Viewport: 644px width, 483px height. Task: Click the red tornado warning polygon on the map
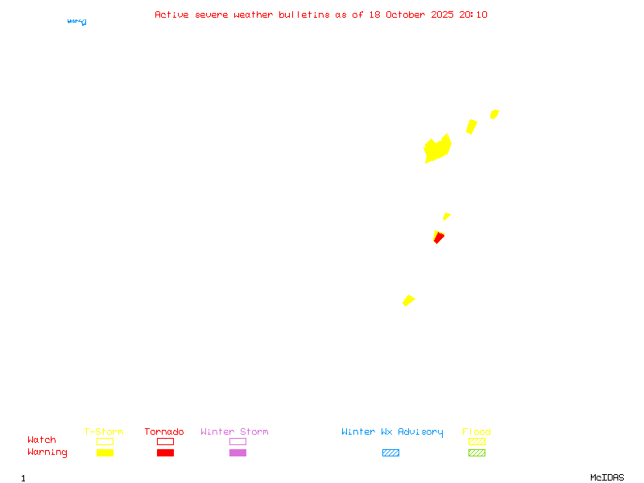tap(437, 238)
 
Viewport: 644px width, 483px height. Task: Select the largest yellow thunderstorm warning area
tap(436, 150)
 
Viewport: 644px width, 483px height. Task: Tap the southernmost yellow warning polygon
tap(408, 300)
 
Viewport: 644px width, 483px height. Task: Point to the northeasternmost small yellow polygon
tap(494, 114)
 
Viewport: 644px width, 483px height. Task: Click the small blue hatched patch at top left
tap(77, 21)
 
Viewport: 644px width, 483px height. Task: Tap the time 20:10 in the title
tap(473, 14)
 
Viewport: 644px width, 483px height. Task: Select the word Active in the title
tap(171, 14)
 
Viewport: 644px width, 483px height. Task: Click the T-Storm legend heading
tap(104, 432)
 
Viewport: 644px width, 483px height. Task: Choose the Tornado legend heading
tap(164, 432)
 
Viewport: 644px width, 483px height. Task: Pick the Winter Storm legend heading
tap(234, 432)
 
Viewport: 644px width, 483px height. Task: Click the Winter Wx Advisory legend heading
tap(392, 432)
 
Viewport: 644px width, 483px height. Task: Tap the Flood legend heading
tap(477, 432)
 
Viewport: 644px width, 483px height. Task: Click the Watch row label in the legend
tap(42, 440)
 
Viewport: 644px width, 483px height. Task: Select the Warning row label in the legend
tap(47, 452)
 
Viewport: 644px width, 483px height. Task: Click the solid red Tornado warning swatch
tap(165, 453)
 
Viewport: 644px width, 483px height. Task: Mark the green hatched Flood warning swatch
tap(477, 453)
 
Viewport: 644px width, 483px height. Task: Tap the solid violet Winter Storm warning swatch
tap(237, 453)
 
